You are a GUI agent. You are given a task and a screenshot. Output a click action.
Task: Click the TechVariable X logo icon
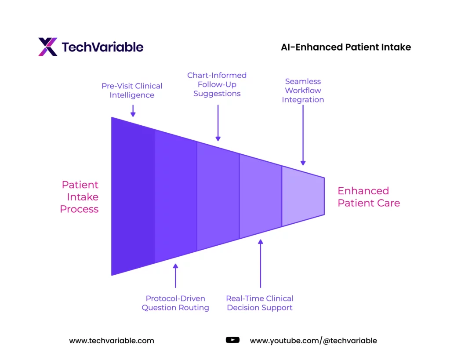(x=48, y=47)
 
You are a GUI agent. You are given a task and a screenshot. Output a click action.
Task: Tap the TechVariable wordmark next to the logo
(x=102, y=47)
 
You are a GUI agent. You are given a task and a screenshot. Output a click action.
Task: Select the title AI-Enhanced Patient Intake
(x=346, y=47)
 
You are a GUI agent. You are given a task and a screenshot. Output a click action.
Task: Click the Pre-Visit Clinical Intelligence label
(x=132, y=91)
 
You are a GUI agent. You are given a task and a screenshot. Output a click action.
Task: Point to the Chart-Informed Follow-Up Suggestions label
(x=217, y=84)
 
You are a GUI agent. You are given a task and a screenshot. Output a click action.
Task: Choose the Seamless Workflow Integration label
(x=303, y=91)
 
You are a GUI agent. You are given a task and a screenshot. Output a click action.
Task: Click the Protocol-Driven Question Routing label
(x=175, y=303)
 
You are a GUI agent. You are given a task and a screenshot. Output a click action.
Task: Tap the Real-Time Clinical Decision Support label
(x=260, y=303)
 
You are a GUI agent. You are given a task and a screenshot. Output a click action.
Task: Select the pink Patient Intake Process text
(x=80, y=197)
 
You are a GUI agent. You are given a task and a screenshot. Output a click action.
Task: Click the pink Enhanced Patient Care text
(x=369, y=197)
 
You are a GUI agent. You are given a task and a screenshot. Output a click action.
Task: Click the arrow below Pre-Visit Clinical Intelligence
(x=133, y=111)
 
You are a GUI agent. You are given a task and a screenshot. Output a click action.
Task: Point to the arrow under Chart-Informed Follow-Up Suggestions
(x=218, y=123)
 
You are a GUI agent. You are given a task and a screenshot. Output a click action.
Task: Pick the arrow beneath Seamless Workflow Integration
(x=303, y=135)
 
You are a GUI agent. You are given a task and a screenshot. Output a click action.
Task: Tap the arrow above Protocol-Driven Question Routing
(x=176, y=276)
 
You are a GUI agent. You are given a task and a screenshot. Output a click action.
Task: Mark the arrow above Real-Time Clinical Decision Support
(x=261, y=264)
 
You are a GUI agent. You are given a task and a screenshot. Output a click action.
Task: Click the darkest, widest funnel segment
(x=133, y=196)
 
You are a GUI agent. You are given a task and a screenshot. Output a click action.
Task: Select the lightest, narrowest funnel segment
(x=303, y=196)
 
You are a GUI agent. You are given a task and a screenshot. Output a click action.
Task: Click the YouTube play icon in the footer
(x=232, y=340)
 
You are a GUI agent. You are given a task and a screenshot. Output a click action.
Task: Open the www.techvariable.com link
(x=112, y=341)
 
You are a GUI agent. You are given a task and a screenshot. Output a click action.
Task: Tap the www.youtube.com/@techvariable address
(x=313, y=341)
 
